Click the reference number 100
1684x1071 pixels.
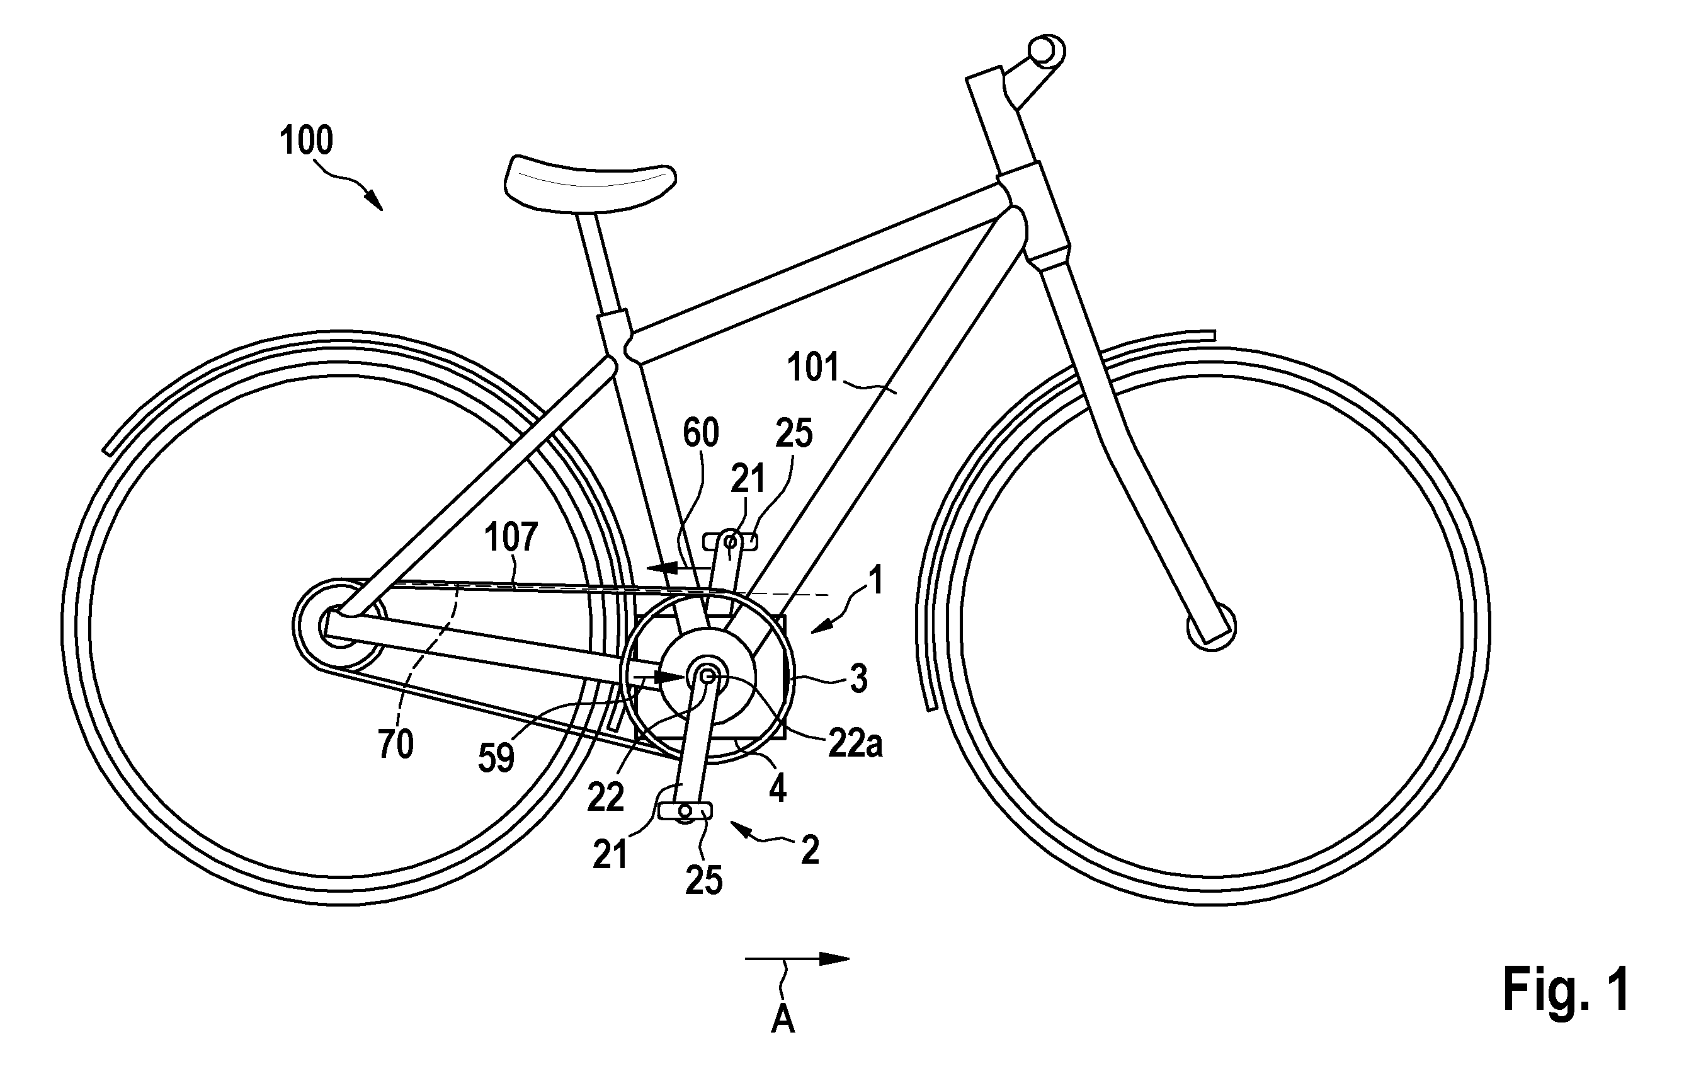click(305, 140)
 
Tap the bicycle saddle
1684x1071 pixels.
click(590, 182)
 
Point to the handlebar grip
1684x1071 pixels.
click(1045, 50)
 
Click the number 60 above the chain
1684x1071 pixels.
click(700, 433)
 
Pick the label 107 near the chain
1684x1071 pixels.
click(511, 537)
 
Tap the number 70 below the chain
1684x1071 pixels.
click(396, 743)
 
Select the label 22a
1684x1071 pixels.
click(855, 743)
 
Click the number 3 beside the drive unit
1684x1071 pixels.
click(859, 679)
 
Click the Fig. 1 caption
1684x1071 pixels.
click(1566, 988)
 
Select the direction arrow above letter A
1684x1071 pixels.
click(797, 958)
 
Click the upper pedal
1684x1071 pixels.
click(730, 541)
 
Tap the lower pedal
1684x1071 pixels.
click(685, 811)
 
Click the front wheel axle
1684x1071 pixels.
click(1212, 627)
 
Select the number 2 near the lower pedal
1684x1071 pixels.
click(810, 850)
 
